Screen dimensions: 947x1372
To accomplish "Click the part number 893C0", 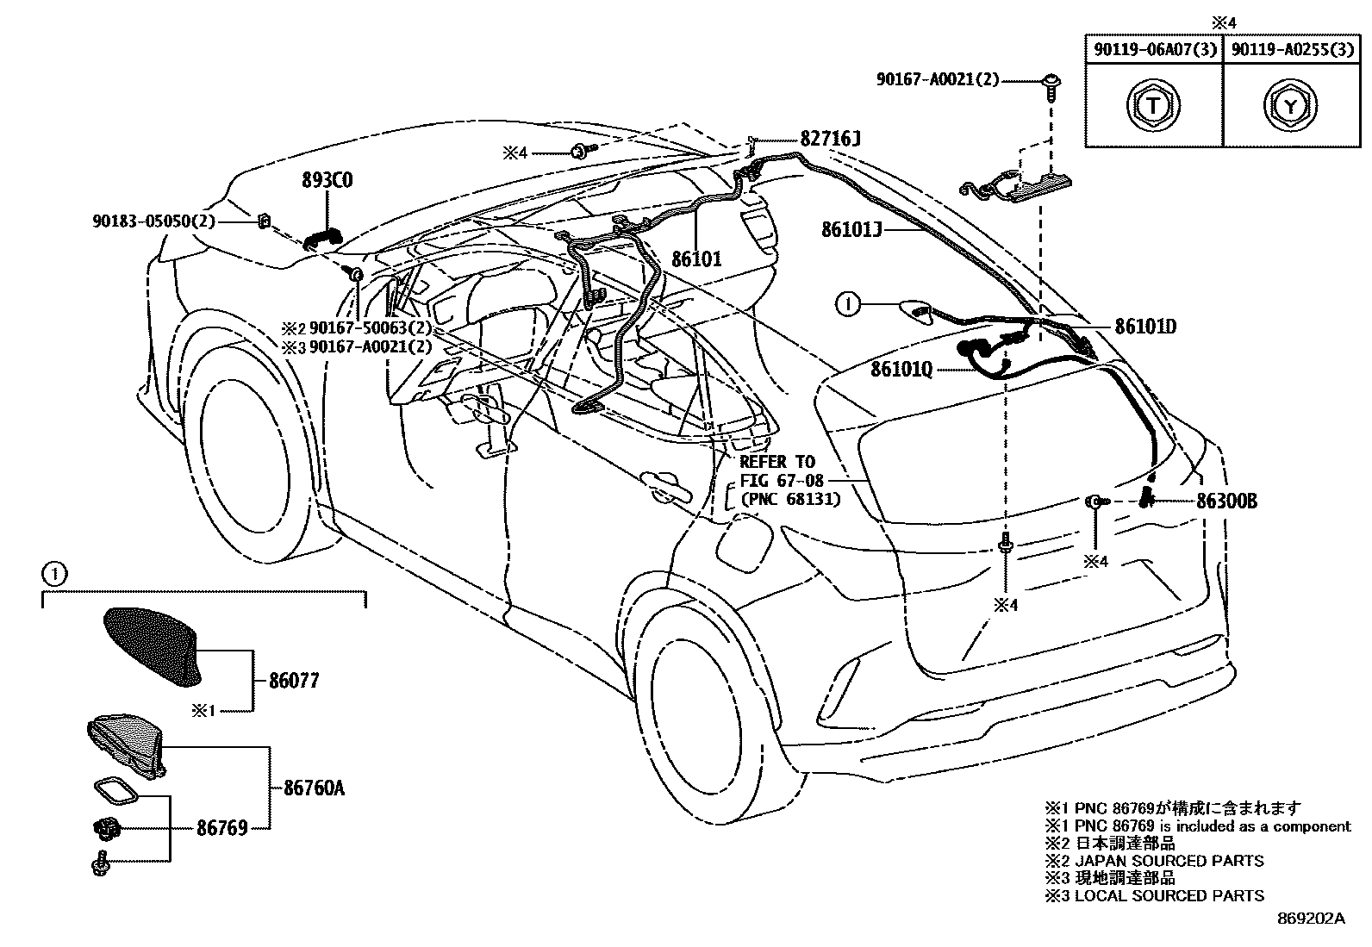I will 327,181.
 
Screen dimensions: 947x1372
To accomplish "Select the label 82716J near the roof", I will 830,139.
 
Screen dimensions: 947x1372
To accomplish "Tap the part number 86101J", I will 851,229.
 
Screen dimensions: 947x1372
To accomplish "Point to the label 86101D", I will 1145,327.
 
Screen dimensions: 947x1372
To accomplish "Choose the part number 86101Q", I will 901,369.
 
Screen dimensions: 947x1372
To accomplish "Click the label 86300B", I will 1225,501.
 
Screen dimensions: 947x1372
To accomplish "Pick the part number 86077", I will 293,681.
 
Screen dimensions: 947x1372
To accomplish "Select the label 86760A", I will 314,788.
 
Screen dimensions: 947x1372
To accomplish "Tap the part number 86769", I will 221,828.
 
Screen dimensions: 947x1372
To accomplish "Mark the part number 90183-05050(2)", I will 153,221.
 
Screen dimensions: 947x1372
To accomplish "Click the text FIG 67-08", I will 782,480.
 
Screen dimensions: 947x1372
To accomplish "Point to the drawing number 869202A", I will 1311,919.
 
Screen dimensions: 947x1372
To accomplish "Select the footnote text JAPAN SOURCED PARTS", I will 1169,861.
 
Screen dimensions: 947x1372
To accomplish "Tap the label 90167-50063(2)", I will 370,328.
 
